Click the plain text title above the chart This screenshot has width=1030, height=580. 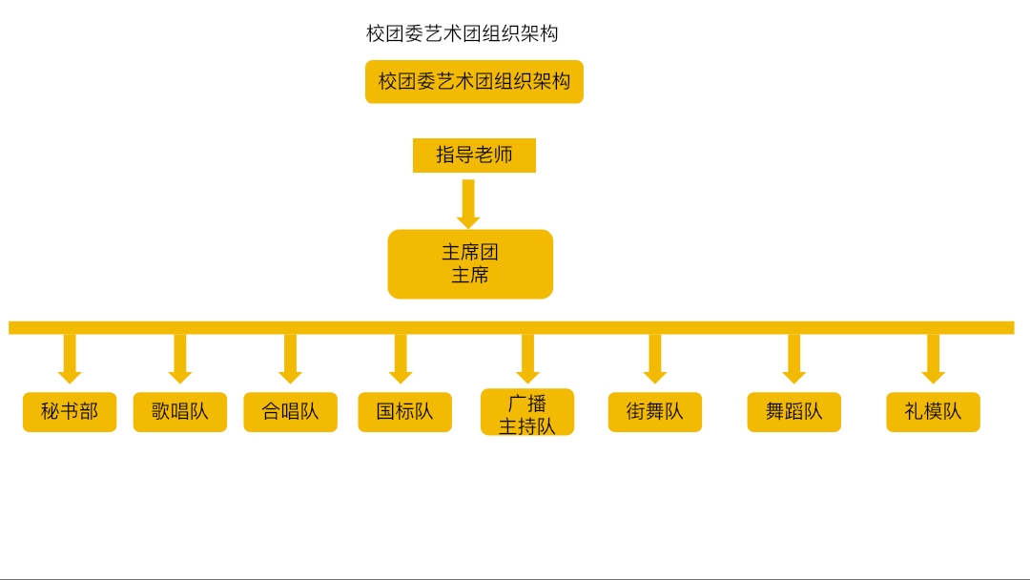point(462,33)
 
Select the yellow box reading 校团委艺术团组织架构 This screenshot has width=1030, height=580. point(474,81)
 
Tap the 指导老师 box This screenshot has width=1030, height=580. point(474,155)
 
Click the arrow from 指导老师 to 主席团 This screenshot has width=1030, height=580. point(468,204)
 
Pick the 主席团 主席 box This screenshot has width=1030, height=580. point(470,264)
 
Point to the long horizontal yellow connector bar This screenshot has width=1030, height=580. point(511,328)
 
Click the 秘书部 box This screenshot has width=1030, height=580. point(70,412)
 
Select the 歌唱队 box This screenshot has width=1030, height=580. point(180,412)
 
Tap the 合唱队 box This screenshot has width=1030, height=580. point(290,412)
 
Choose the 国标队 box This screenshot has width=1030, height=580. point(404,412)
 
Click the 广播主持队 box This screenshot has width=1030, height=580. point(527,412)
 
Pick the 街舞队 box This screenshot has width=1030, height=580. point(655,412)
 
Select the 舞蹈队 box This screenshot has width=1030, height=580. point(794,412)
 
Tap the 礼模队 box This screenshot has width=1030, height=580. point(933,412)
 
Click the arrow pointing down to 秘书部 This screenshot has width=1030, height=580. point(70,359)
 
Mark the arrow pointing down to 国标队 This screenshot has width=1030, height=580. point(401,359)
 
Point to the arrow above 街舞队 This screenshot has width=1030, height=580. point(655,359)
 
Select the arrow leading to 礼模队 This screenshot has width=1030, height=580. point(934,359)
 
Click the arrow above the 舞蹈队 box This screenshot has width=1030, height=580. point(794,359)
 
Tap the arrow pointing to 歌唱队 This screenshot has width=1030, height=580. point(180,359)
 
